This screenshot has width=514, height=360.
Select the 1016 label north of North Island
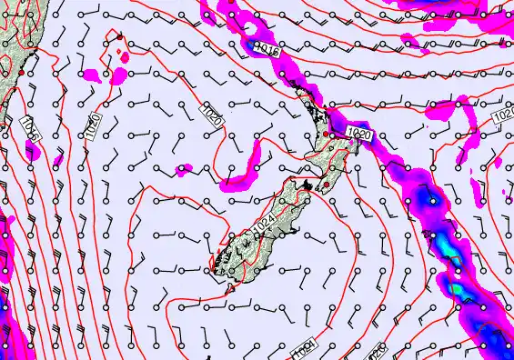tap(267, 49)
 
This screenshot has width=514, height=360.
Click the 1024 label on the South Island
tap(264, 222)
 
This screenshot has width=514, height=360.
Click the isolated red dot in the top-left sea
tap(119, 36)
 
